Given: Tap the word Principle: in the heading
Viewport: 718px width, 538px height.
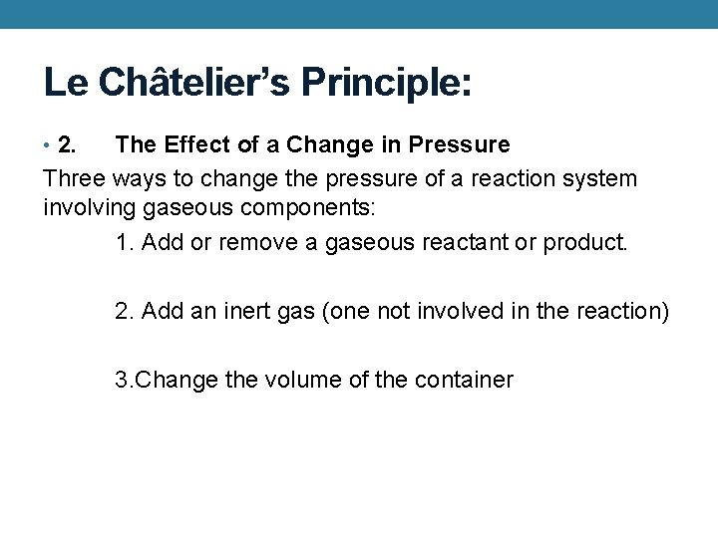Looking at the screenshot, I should (x=383, y=82).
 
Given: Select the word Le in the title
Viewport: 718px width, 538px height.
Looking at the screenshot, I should (x=66, y=82).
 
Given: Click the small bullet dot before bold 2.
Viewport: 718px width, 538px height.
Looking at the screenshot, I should (x=49, y=145).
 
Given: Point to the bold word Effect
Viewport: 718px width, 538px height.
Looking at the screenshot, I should (x=195, y=145).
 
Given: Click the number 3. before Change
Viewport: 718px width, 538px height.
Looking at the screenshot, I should (x=124, y=380).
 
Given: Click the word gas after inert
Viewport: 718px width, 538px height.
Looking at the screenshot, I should (x=296, y=312).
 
